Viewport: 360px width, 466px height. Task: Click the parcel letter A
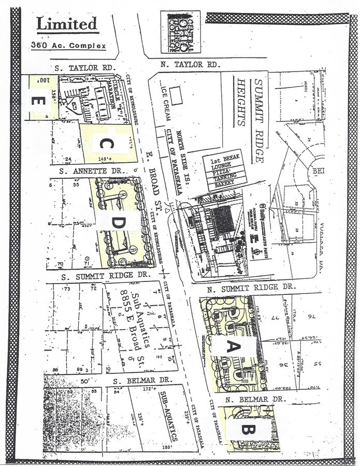click(x=232, y=348)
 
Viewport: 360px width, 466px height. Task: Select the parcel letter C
click(x=106, y=144)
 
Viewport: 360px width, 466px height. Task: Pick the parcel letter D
click(x=119, y=222)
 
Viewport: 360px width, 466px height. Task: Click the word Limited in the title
click(x=67, y=24)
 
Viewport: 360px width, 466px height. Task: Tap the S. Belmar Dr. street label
click(x=142, y=380)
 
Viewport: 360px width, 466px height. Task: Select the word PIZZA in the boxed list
click(x=224, y=168)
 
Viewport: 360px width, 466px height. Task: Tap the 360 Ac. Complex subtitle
click(x=68, y=46)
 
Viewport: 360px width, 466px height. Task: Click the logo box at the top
click(x=180, y=32)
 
